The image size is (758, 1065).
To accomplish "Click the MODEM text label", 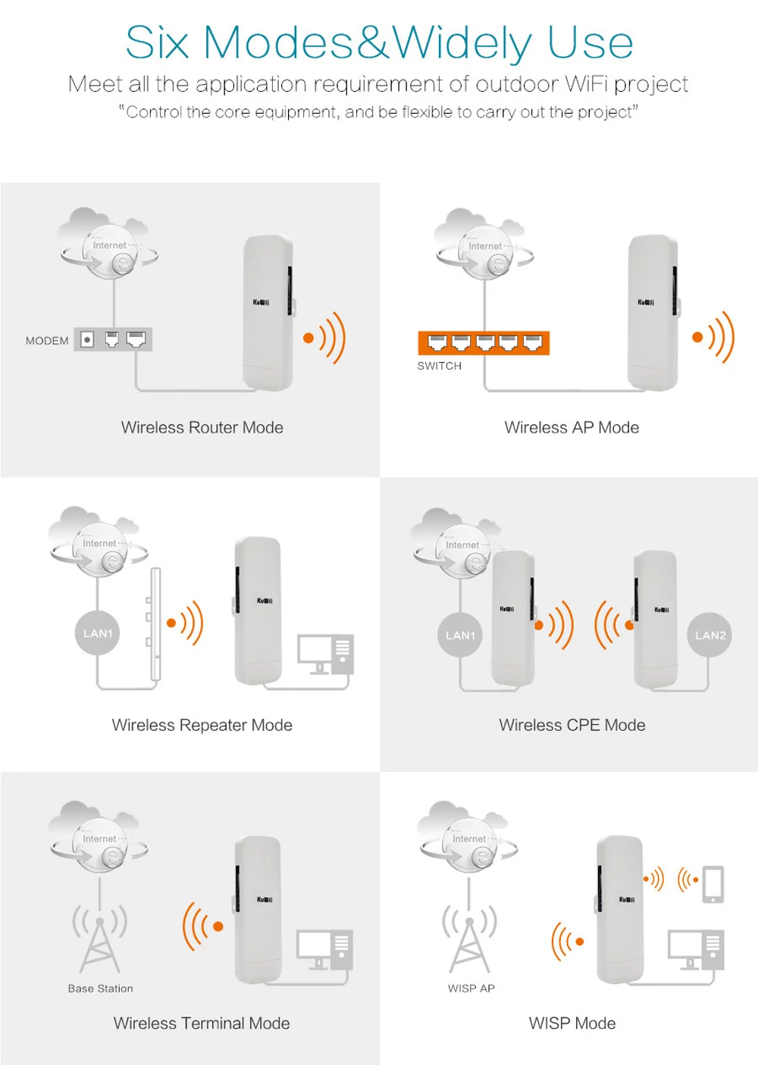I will click(x=47, y=341).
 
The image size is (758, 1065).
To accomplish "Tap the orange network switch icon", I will click(x=484, y=343).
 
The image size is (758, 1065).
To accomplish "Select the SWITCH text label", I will click(x=439, y=366).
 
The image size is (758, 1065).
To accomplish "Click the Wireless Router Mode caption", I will click(x=202, y=428).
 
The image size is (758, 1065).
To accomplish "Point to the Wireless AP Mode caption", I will click(x=572, y=428).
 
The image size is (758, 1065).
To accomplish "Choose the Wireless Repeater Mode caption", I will click(x=202, y=726).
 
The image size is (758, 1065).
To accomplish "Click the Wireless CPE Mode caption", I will click(x=572, y=726).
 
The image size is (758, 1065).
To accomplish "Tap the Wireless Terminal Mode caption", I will click(x=202, y=1023).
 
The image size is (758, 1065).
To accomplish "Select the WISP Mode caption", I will click(x=572, y=1023).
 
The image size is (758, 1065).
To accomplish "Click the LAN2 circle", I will click(x=710, y=636).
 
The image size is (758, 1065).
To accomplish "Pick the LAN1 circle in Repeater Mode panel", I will click(x=98, y=633).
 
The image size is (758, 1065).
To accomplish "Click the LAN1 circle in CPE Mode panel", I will click(x=460, y=636).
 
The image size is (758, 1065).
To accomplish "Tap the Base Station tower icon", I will click(x=100, y=939).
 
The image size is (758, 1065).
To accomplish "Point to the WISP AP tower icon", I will click(x=470, y=939).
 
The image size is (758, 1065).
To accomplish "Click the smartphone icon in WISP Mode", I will click(x=713, y=884).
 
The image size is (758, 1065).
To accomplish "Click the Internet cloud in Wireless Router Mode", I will click(x=109, y=244).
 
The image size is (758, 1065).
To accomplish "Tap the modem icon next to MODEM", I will click(x=113, y=339).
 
